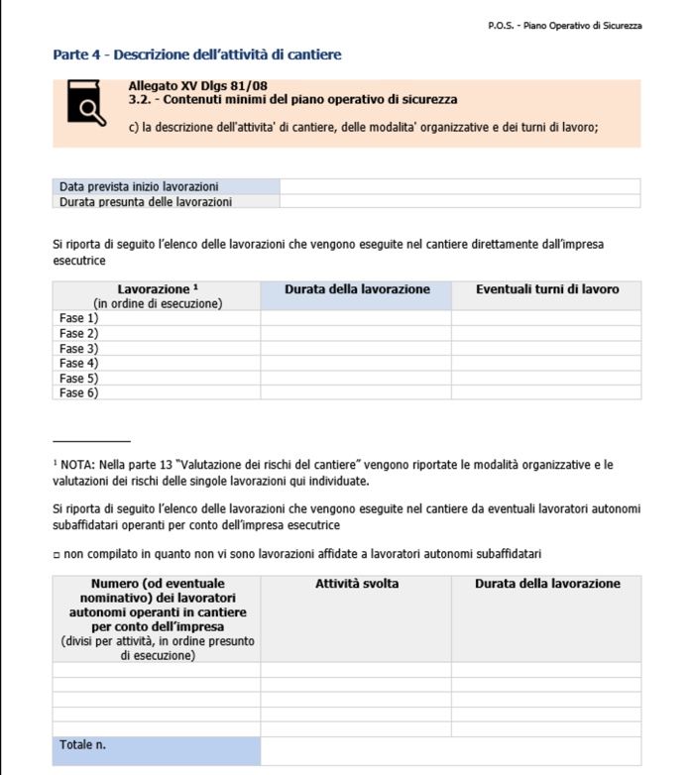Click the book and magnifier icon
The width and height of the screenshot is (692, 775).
click(85, 104)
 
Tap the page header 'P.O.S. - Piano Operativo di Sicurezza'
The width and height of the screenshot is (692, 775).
click(564, 25)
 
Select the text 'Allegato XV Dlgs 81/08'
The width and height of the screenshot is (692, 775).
click(197, 86)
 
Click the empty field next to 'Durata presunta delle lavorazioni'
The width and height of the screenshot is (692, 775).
click(459, 201)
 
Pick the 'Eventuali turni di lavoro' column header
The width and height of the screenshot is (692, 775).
click(546, 289)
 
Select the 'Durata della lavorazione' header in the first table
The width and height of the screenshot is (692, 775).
click(356, 289)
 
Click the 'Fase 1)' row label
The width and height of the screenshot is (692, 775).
click(79, 318)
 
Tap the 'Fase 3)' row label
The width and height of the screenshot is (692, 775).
click(79, 348)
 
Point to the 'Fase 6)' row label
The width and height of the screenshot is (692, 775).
click(79, 392)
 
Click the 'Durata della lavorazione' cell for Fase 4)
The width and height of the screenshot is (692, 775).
click(356, 363)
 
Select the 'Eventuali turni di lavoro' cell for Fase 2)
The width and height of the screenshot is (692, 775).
click(546, 333)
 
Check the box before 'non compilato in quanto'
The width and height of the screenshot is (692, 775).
click(57, 554)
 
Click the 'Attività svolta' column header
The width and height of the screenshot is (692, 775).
click(356, 584)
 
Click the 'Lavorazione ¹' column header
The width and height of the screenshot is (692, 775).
click(157, 289)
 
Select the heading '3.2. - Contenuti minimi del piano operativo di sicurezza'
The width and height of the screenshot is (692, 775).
click(292, 100)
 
